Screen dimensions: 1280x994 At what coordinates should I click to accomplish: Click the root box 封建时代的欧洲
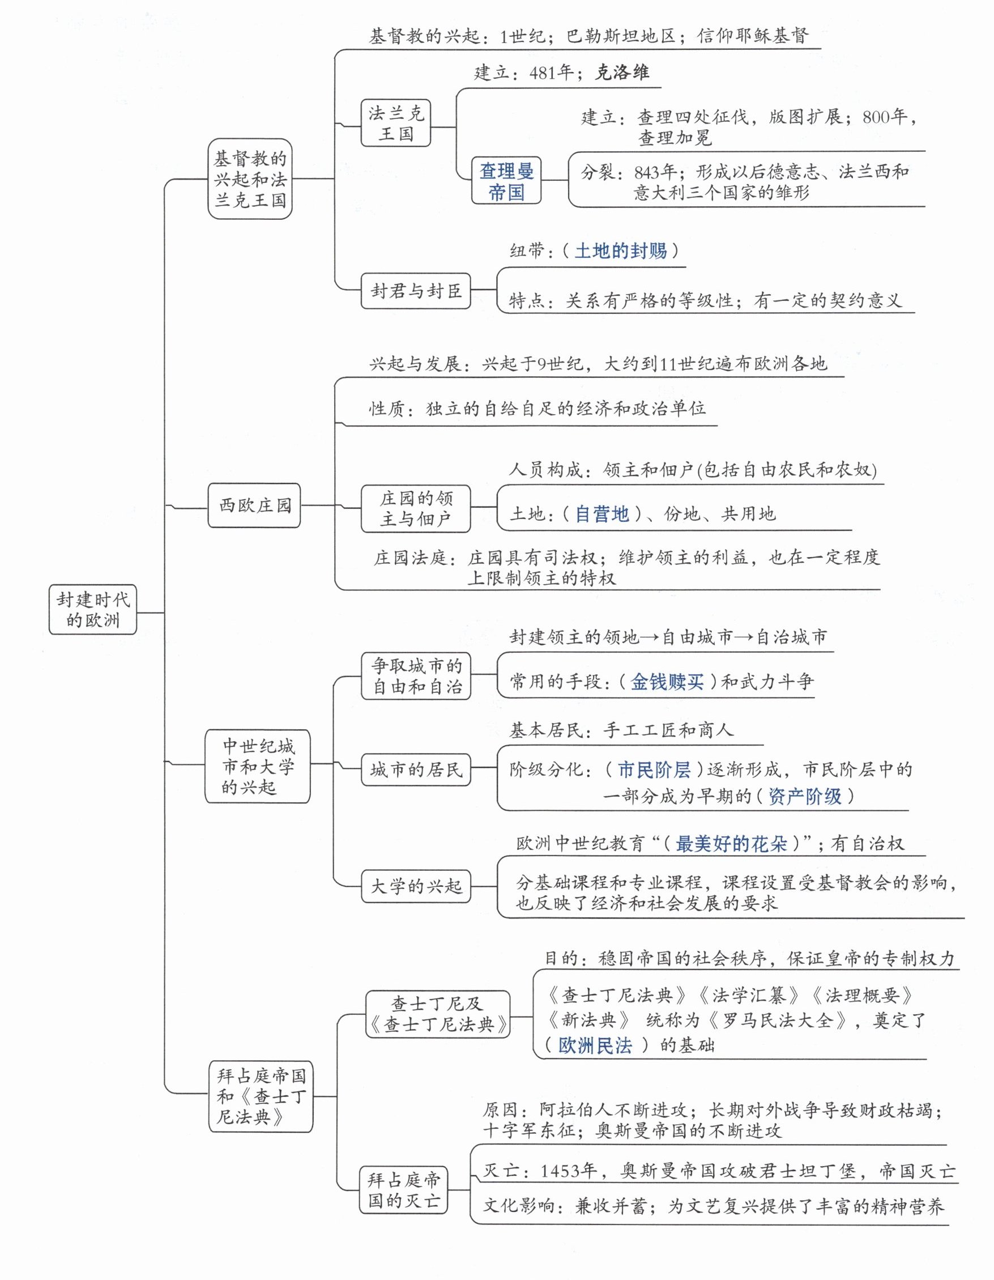pos(92,610)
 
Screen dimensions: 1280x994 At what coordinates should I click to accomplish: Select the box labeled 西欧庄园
pos(254,505)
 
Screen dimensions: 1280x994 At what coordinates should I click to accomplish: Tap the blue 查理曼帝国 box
pos(506,181)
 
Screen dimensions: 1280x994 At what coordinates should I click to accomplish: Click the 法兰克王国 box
pos(396,124)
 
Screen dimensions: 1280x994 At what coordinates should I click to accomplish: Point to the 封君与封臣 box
pos(416,290)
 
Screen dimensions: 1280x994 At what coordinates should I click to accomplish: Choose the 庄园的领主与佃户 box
pos(416,508)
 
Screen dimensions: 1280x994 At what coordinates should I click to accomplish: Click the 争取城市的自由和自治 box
pos(416,677)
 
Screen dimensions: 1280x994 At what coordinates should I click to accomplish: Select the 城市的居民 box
pos(416,769)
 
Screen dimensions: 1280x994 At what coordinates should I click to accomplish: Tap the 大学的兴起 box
pos(416,886)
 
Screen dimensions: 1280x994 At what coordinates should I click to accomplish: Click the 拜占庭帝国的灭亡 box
pos(404,1190)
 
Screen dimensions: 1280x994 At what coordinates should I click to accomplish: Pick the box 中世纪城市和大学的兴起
pos(258,766)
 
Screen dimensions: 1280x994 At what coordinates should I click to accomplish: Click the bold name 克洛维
pos(622,73)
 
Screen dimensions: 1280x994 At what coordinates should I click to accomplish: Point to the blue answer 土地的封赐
pos(620,251)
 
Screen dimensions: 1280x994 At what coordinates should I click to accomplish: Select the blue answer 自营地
pos(601,514)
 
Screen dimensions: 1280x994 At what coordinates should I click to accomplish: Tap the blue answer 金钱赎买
pos(667,681)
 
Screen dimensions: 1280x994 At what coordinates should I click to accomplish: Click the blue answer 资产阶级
pos(804,796)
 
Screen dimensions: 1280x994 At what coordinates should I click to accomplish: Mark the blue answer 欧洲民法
pos(595,1045)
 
